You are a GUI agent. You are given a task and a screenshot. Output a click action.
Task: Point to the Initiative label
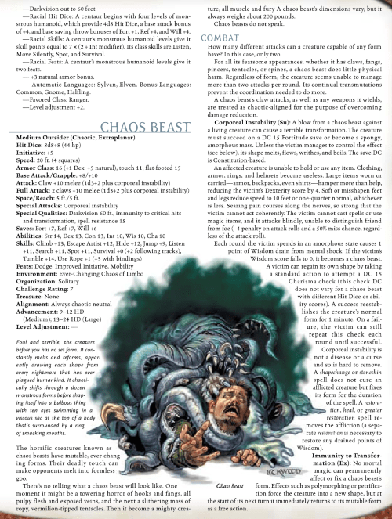30,153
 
